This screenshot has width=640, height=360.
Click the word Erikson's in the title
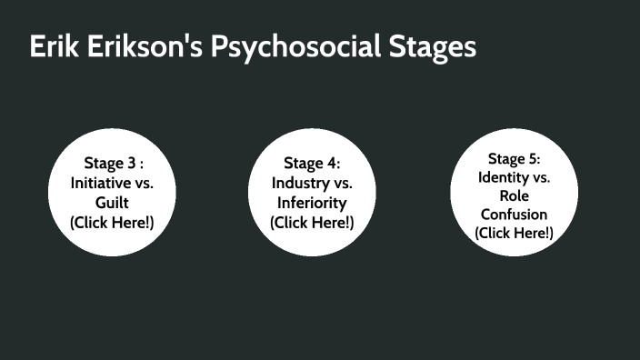click(138, 47)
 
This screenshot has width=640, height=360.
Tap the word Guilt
click(113, 202)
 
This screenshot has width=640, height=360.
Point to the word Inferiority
click(312, 202)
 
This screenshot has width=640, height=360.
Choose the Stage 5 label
click(514, 158)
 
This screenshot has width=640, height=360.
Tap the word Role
click(514, 195)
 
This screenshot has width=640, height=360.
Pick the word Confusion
click(514, 215)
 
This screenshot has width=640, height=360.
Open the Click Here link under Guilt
click(113, 222)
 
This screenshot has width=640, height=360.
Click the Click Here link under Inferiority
click(312, 222)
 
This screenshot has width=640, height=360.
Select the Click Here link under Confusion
click(514, 234)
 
